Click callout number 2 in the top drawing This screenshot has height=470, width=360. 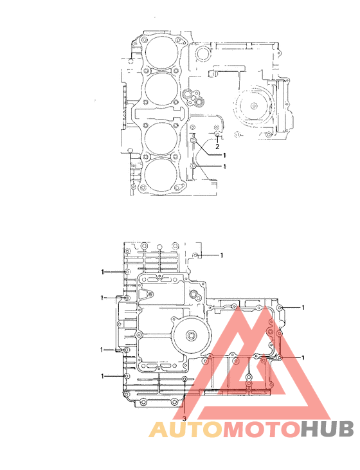[217, 146]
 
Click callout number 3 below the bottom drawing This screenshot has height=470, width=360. [184, 419]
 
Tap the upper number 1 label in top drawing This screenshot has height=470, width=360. [225, 155]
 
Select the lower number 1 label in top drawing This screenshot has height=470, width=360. [225, 166]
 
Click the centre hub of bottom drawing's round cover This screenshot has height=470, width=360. [192, 335]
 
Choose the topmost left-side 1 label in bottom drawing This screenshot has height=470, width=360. [102, 272]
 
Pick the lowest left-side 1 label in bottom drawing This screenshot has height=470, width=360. [102, 375]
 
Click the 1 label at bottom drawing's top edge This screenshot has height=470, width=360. [222, 255]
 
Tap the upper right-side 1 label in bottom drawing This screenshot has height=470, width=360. [303, 308]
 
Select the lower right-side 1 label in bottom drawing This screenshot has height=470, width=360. [303, 357]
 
